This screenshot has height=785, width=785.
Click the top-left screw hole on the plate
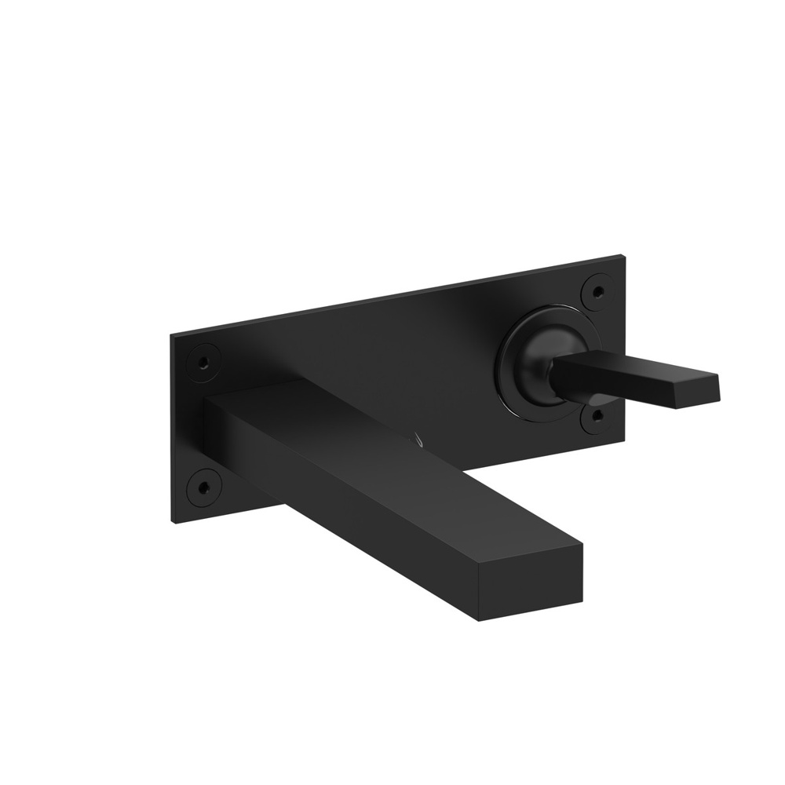[x=203, y=363]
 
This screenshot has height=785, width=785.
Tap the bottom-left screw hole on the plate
[x=203, y=487]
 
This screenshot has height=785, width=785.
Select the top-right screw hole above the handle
[x=597, y=291]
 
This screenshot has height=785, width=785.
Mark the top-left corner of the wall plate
[x=172, y=336]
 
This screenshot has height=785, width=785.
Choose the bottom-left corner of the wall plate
[x=173, y=522]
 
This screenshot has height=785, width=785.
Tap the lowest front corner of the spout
[x=478, y=620]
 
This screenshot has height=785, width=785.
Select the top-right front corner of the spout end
[x=582, y=542]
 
